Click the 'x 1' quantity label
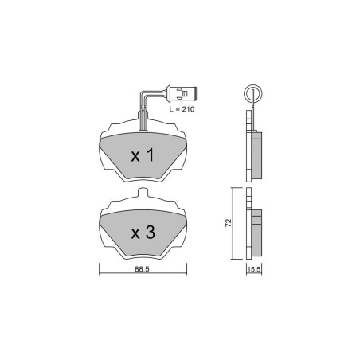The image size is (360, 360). [143, 155]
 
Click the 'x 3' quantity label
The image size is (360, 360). [143, 233]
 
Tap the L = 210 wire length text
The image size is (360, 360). [182, 109]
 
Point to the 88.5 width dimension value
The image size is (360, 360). [142, 269]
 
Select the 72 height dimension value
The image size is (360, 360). [229, 222]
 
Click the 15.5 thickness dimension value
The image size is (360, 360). [254, 269]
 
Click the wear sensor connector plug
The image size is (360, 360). [182, 93]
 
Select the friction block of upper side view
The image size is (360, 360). [256, 155]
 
